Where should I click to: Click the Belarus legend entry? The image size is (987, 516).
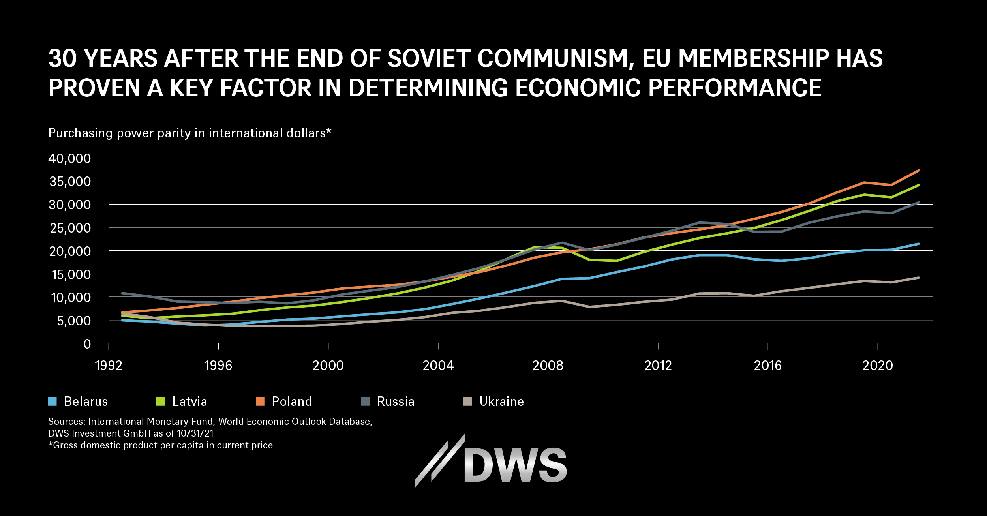[x=78, y=402]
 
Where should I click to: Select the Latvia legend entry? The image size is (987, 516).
[x=182, y=402]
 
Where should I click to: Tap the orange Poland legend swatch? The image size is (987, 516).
[x=260, y=402]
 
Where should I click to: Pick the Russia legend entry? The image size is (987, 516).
[x=388, y=402]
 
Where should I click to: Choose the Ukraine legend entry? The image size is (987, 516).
[x=493, y=402]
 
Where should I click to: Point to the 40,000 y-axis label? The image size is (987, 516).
[x=69, y=158]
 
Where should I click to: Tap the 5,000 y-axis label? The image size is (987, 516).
[x=74, y=321]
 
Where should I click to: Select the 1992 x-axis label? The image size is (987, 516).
[x=109, y=366]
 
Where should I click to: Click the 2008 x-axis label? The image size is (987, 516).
[x=548, y=366]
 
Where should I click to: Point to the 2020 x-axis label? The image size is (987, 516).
[x=878, y=366]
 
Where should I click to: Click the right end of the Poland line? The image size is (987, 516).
[x=919, y=170]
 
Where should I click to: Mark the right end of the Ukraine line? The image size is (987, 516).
[x=919, y=278]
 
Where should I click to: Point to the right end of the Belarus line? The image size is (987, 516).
[x=919, y=244]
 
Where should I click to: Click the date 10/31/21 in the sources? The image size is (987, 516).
[x=195, y=433]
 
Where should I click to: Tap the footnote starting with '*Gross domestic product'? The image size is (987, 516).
[x=160, y=445]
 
